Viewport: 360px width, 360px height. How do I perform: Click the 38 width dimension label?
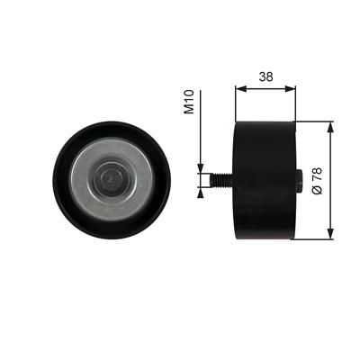266,76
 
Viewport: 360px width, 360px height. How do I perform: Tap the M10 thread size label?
189,102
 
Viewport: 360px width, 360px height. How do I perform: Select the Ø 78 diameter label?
317,181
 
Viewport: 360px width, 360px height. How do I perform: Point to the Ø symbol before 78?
317,190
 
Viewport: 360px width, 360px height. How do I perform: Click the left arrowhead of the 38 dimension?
240,88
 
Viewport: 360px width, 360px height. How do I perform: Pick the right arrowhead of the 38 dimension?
291,88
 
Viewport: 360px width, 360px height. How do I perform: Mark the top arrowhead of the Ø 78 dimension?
330,127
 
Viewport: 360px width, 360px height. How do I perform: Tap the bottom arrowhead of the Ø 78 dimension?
330,234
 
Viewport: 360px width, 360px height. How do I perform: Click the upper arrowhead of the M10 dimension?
201,168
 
